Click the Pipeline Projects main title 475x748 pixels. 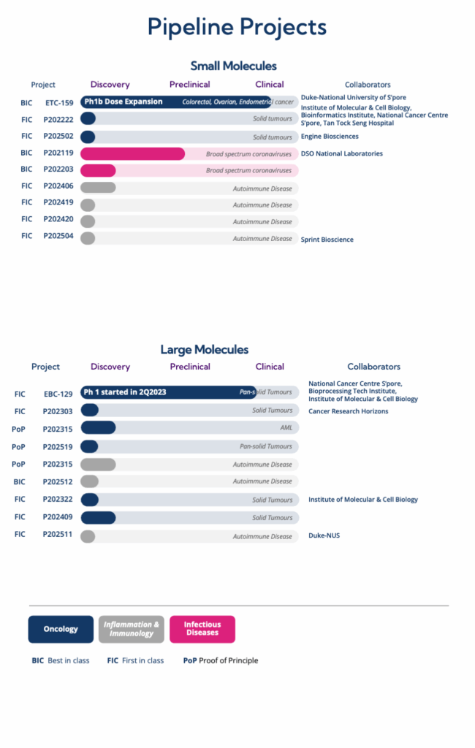237,27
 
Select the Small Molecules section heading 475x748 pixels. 233,66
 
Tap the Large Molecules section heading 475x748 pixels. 205,350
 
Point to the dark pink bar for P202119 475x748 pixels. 132,153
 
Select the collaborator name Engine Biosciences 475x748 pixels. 330,137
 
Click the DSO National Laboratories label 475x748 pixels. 341,153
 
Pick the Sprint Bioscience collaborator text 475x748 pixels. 327,239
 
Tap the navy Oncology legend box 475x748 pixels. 61,629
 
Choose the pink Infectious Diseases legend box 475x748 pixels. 202,629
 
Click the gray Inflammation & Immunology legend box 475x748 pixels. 132,629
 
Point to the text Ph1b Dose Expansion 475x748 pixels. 123,102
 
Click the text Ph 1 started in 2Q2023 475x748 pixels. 124,392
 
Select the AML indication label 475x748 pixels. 286,428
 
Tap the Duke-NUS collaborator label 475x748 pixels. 324,535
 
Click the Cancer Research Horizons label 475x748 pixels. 348,411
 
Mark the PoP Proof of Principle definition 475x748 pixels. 221,660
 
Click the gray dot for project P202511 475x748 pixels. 88,536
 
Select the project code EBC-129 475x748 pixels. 58,394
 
